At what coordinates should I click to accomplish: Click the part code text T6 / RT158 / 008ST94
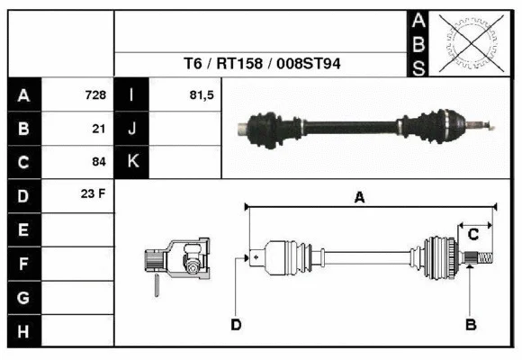[262, 64]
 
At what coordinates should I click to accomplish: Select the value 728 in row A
[95, 95]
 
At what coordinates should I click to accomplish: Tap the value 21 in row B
[99, 129]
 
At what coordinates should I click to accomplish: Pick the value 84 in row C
[99, 162]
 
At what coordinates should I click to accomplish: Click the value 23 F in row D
[94, 194]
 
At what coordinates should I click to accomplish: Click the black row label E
[23, 230]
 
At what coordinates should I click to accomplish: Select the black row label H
[23, 331]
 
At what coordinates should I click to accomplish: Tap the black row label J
[132, 129]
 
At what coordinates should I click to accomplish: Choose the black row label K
[132, 162]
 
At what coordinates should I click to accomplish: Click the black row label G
[23, 298]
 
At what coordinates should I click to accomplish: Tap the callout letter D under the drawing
[236, 324]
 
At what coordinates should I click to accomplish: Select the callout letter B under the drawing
[469, 324]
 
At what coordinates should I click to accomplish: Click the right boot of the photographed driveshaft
[443, 123]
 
